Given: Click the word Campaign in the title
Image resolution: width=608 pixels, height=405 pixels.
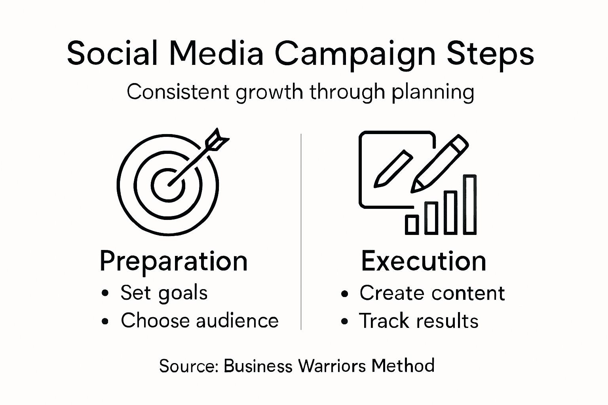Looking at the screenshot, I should (354, 54).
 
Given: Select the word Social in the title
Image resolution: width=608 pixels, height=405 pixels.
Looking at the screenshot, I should (112, 53).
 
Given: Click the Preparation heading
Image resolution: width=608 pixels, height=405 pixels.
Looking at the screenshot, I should (173, 261).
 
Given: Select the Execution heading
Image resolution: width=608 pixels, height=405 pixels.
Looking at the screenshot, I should (424, 261).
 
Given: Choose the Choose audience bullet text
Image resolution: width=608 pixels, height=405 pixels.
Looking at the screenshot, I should (199, 320).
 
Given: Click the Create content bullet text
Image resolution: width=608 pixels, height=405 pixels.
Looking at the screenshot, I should (432, 293).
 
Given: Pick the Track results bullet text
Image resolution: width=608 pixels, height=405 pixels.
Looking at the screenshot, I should (418, 321).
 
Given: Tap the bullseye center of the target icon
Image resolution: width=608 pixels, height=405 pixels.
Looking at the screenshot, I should (168, 185).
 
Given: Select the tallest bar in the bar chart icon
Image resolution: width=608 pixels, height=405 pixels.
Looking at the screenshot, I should (469, 204).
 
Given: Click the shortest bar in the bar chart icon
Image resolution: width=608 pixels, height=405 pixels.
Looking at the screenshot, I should (412, 225).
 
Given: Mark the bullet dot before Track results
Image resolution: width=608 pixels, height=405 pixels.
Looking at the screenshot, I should (345, 322).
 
